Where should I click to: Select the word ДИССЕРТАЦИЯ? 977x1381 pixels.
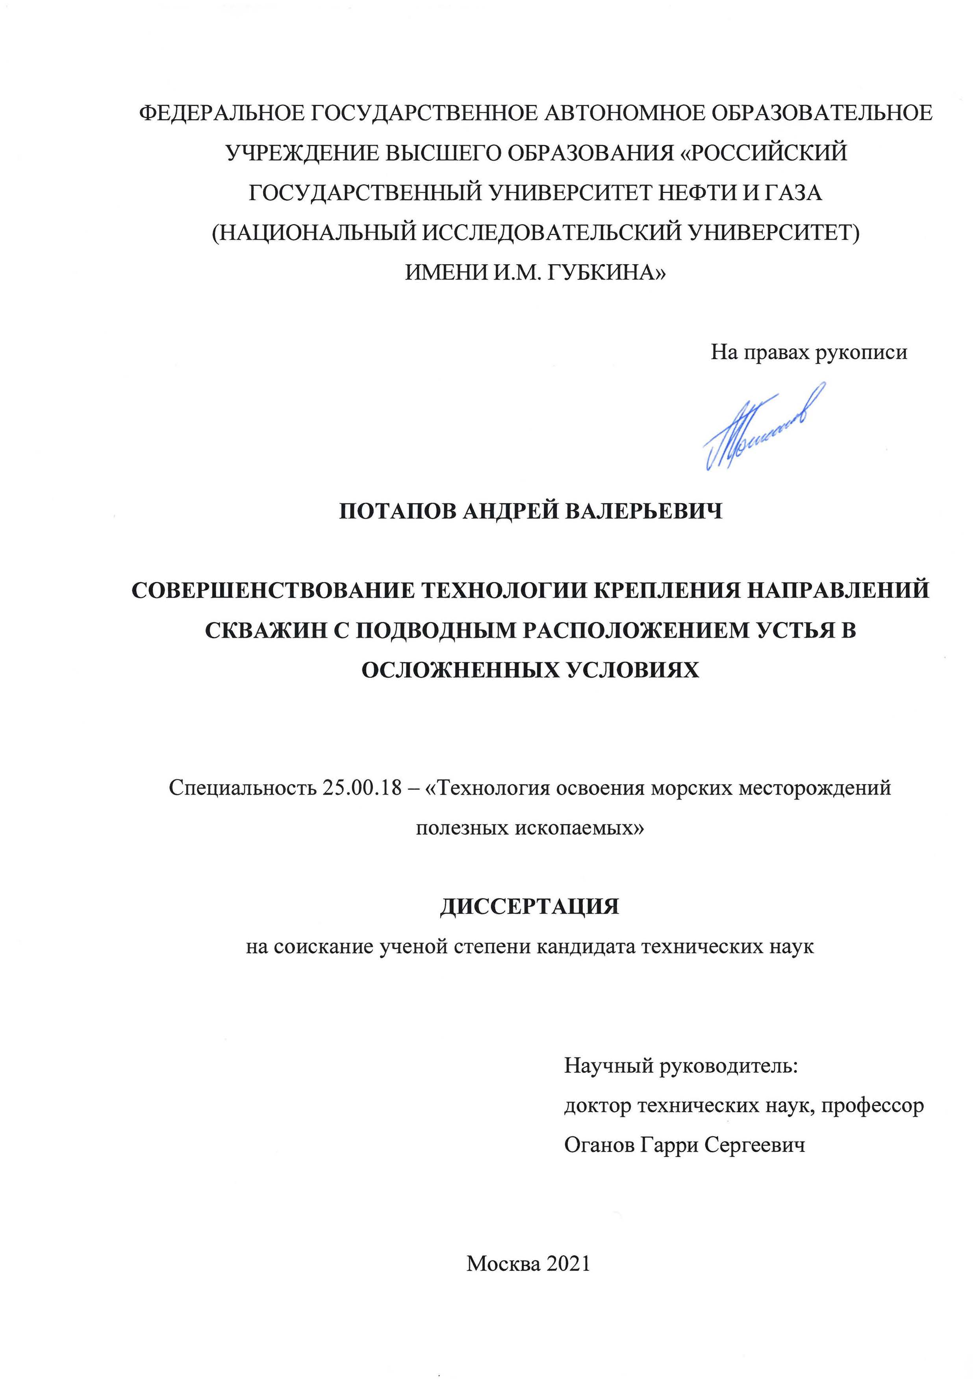[529, 907]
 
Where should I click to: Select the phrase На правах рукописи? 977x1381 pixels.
[808, 352]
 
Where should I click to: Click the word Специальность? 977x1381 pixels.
[241, 787]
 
